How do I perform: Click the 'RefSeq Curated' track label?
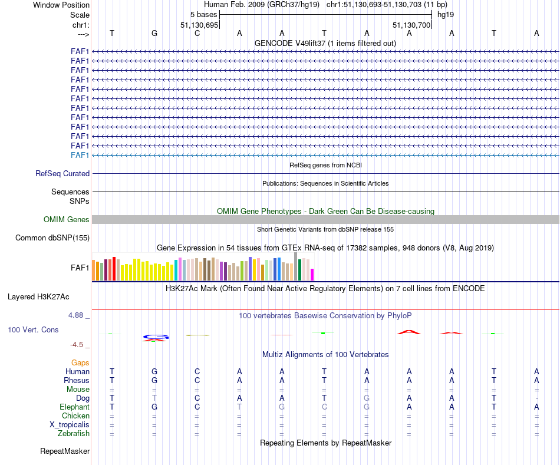click(62, 174)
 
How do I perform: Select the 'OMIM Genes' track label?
click(67, 220)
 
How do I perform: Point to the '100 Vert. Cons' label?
click(33, 330)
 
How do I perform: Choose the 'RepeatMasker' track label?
click(65, 451)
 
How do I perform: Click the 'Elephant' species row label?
click(74, 407)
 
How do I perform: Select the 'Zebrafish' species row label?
click(73, 434)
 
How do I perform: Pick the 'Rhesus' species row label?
click(77, 381)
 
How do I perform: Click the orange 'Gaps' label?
click(80, 363)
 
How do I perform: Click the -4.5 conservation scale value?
click(78, 345)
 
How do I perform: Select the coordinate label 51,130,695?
click(199, 25)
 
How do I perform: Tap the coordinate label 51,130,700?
click(411, 25)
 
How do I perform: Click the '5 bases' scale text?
click(203, 14)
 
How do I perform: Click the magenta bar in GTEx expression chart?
click(312, 275)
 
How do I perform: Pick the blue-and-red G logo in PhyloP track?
click(156, 338)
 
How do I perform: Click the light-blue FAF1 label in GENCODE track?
click(80, 155)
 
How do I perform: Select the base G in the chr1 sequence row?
click(154, 33)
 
